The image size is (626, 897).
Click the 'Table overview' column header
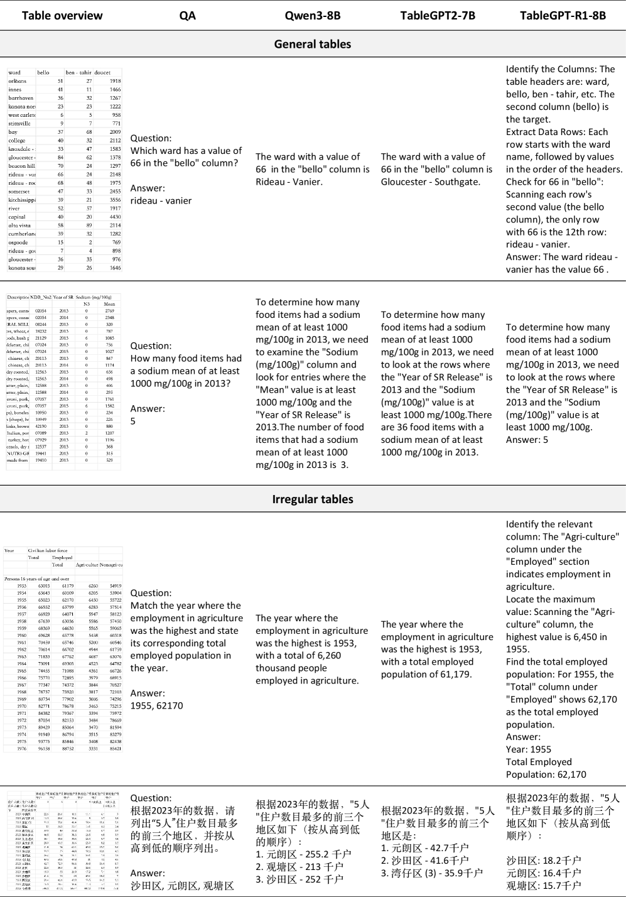tap(62, 15)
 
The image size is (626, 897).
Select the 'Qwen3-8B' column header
tap(312, 15)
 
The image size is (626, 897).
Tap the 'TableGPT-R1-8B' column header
tap(563, 15)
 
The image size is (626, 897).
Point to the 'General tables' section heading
tap(312, 44)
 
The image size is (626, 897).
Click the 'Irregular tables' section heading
tap(312, 499)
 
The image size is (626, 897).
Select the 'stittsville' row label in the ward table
tap(19, 124)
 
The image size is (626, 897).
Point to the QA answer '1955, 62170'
tap(156, 705)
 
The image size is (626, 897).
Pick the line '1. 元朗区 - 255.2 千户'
tap(303, 854)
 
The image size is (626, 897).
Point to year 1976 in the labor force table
tap(21, 748)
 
